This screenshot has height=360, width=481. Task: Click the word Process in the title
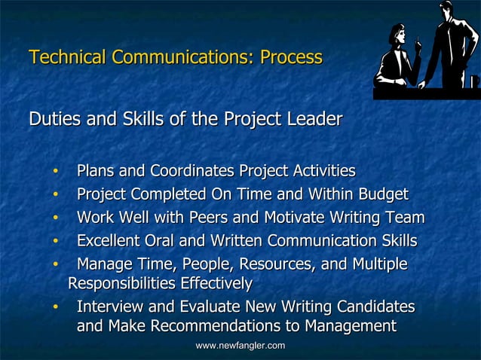(x=291, y=57)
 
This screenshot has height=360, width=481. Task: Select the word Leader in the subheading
(x=314, y=119)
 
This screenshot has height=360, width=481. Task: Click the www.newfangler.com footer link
(x=240, y=345)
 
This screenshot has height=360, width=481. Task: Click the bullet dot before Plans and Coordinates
(x=55, y=172)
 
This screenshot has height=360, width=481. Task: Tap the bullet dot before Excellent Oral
(x=55, y=242)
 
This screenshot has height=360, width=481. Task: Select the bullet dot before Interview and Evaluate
(x=55, y=308)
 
